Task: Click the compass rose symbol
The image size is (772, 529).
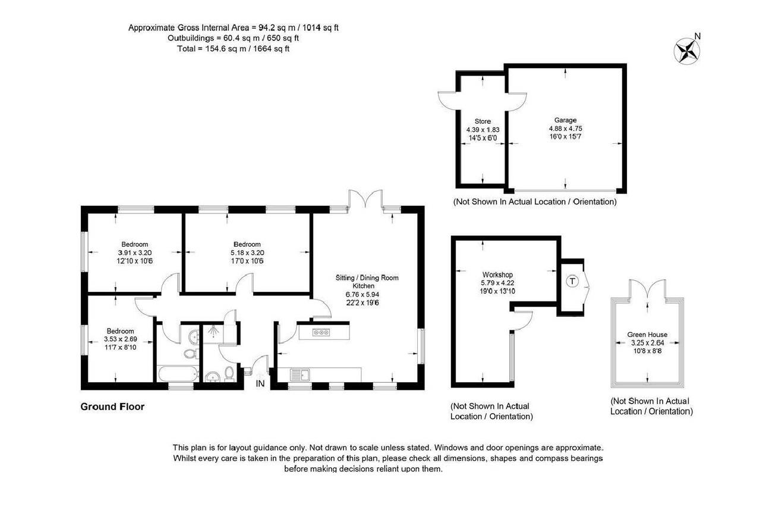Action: (686, 51)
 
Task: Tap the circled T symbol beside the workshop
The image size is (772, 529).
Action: (572, 281)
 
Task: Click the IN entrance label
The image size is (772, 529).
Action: (260, 383)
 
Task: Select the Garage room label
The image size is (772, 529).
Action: (565, 120)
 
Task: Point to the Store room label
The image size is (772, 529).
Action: (483, 121)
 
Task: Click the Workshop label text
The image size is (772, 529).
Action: (497, 275)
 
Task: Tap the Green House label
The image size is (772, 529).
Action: (647, 334)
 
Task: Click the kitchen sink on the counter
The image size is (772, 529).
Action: (300, 374)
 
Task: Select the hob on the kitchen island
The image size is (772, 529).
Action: (321, 332)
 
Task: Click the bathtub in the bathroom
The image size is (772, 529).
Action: (178, 373)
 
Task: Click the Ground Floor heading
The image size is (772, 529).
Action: (112, 407)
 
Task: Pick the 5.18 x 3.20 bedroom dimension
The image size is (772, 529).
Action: (247, 253)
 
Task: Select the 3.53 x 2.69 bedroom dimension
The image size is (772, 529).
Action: (120, 339)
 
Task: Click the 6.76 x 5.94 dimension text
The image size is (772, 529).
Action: (362, 294)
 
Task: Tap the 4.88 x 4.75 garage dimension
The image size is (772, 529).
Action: (566, 128)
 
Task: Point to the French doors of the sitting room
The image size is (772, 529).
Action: (365, 199)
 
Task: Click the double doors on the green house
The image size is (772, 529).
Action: (647, 289)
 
